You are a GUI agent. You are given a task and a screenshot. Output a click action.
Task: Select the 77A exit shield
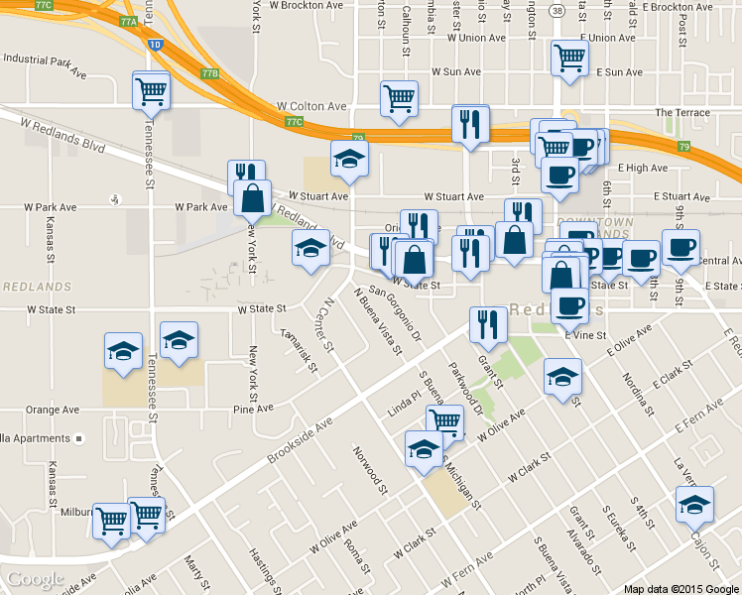(128, 21)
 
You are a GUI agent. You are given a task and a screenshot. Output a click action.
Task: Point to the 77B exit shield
(208, 73)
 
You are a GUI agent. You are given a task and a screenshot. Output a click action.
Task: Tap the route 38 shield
(557, 11)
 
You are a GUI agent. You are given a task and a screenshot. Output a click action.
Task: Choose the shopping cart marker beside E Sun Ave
(569, 59)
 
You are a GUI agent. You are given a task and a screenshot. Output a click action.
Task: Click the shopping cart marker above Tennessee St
(152, 91)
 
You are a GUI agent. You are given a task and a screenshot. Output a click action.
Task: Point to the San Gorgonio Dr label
(402, 317)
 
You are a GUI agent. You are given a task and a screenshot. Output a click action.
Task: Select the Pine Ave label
(253, 409)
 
